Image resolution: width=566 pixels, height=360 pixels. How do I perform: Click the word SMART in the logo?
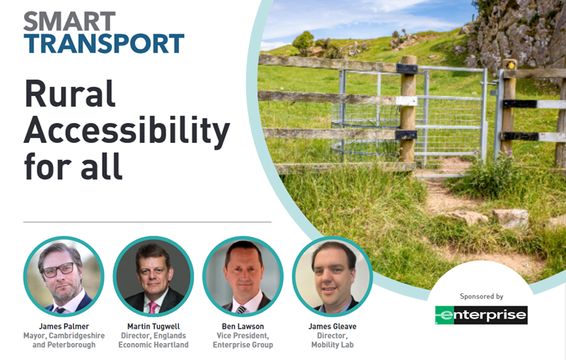click(x=69, y=21)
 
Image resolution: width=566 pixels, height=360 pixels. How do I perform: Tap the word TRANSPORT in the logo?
click(x=104, y=44)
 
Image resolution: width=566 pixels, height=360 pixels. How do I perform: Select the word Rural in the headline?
click(x=69, y=93)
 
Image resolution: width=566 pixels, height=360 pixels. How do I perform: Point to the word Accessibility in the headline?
click(x=127, y=130)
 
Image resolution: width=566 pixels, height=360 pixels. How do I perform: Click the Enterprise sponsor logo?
click(x=481, y=315)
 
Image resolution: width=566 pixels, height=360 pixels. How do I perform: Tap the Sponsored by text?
click(x=482, y=296)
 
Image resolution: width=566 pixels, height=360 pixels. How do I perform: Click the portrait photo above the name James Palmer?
click(x=64, y=277)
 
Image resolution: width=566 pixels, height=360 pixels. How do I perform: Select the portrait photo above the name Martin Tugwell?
click(x=154, y=277)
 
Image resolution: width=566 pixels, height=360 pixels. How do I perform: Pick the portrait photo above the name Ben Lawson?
click(x=243, y=277)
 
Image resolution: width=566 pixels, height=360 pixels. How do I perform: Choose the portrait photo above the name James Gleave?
click(x=333, y=277)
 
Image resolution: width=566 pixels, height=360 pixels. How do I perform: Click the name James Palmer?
click(x=64, y=327)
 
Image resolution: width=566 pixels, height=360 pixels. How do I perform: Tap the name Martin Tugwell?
click(x=154, y=327)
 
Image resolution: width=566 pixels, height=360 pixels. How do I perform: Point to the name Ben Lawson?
click(x=243, y=327)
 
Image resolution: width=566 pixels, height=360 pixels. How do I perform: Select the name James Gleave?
click(x=333, y=327)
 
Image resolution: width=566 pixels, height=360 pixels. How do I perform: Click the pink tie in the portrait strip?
click(x=154, y=308)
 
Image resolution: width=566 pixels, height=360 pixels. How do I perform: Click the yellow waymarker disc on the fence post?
click(x=510, y=65)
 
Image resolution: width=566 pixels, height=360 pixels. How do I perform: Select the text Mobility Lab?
click(x=333, y=345)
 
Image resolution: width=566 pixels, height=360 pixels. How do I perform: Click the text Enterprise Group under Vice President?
click(x=243, y=345)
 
